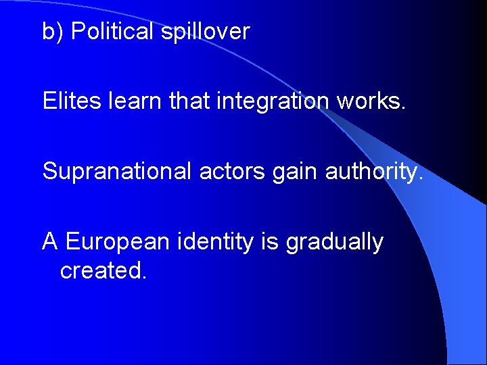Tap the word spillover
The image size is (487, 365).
pos(205,32)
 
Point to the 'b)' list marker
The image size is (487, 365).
pos(53,32)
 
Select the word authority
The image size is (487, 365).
pos(373,172)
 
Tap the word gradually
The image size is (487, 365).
pos(335,243)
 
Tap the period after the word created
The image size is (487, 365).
pos(143,277)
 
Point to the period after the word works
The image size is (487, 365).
pos(404,108)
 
